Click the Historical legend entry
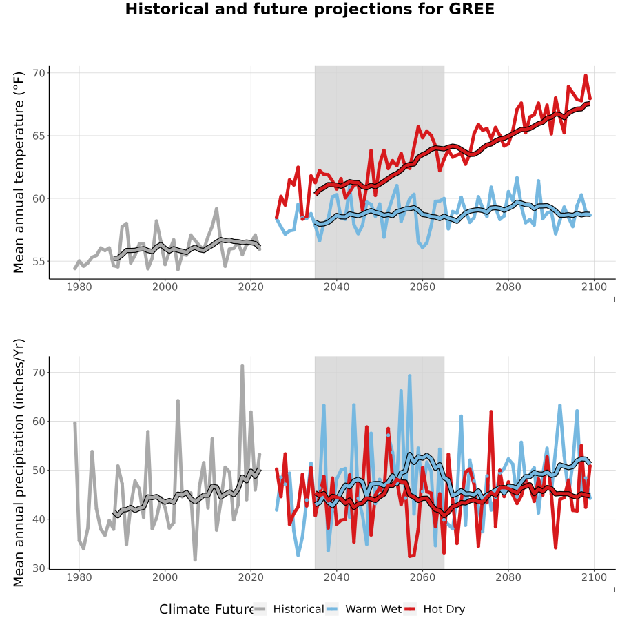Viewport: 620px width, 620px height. [289, 609]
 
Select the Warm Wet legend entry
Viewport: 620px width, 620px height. [364, 609]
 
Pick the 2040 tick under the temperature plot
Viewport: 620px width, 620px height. [336, 287]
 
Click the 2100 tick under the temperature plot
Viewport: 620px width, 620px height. [594, 287]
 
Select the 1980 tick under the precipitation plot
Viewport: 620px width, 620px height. [79, 577]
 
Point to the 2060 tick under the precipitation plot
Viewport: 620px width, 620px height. [422, 577]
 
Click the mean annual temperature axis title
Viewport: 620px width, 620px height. [19, 172]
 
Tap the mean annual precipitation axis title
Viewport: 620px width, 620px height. [19, 463]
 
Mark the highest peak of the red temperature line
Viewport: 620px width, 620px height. [586, 75]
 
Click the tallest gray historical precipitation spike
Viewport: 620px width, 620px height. [242, 366]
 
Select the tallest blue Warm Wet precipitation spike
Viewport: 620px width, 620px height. [410, 376]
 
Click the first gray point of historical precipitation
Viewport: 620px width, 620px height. [74, 423]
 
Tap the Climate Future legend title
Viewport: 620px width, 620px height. [206, 609]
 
